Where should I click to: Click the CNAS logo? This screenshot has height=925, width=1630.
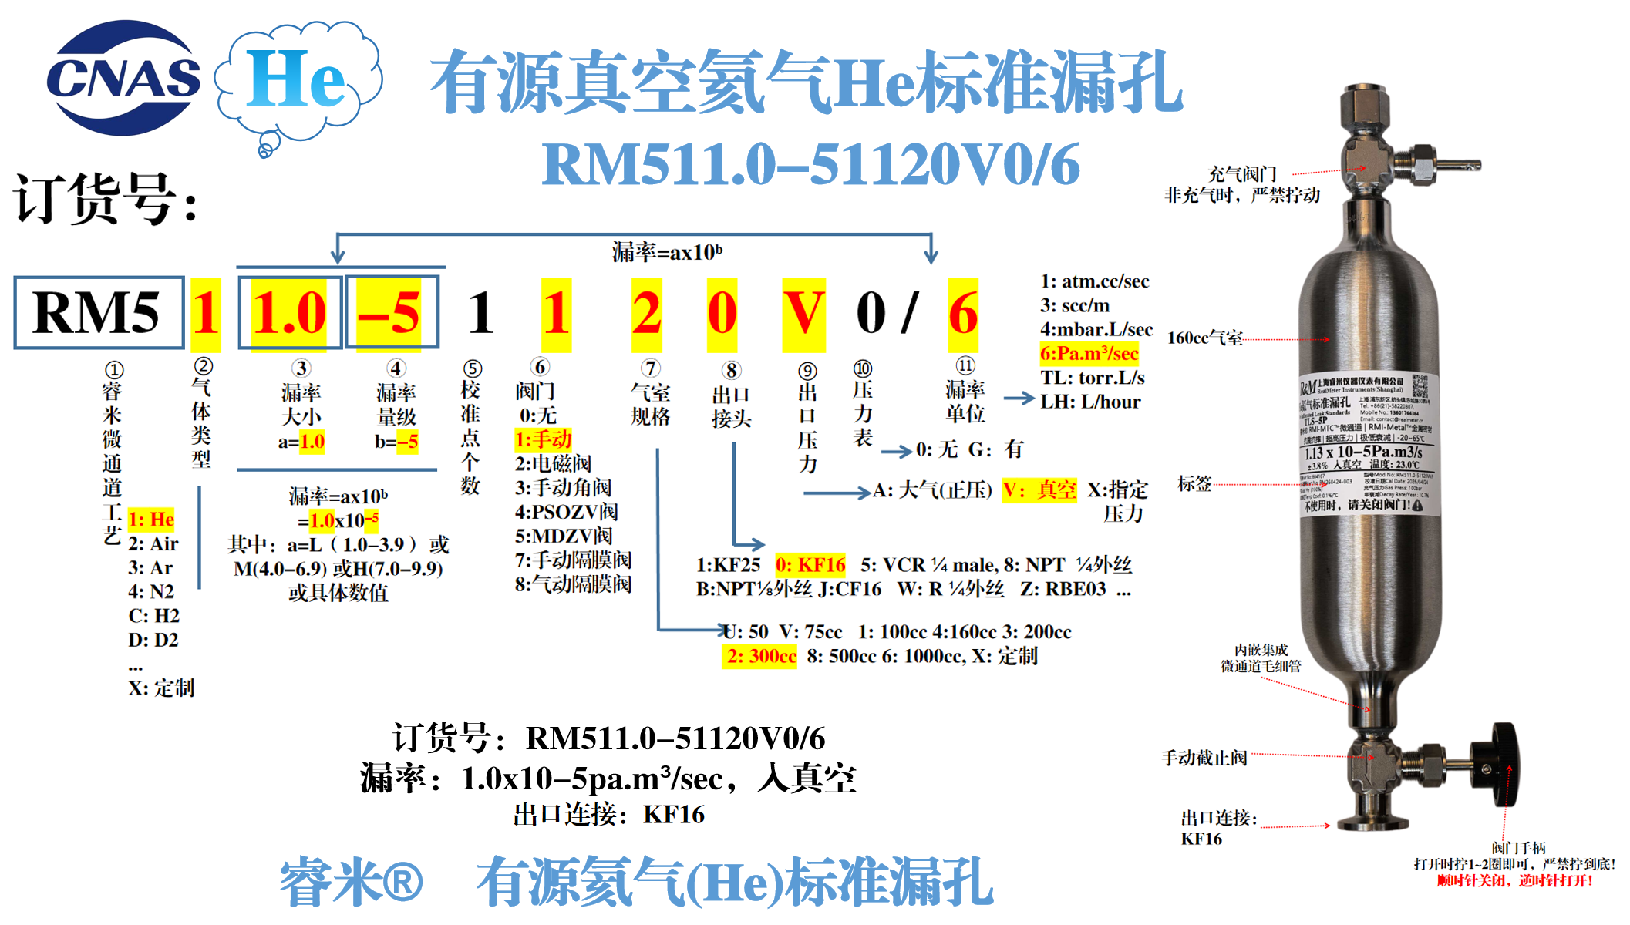coord(123,79)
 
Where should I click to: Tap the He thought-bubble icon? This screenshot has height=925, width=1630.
coord(298,80)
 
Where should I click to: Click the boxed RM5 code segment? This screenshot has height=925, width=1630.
coord(98,313)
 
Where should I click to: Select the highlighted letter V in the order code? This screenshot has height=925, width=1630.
coord(803,313)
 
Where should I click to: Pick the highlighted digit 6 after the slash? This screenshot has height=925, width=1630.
coord(963,313)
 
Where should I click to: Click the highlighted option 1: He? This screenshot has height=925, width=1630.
coord(151,520)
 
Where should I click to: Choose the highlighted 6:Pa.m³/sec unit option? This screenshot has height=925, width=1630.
coord(1089,354)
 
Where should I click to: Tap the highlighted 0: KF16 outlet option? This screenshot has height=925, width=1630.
coord(810,565)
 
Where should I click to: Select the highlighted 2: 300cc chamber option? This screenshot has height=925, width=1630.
coord(760,656)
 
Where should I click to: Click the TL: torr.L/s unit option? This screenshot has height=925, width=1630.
coord(1092,378)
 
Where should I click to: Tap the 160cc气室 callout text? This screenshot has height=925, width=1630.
coord(1204,338)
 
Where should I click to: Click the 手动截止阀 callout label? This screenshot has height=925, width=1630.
coord(1204,758)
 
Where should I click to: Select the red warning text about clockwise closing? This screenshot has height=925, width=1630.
coord(1514,880)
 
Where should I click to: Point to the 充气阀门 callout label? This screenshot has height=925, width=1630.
coord(1241,174)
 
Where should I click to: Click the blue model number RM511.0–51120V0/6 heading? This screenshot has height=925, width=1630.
coord(810,165)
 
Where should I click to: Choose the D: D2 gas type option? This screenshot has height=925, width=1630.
coord(153,640)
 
